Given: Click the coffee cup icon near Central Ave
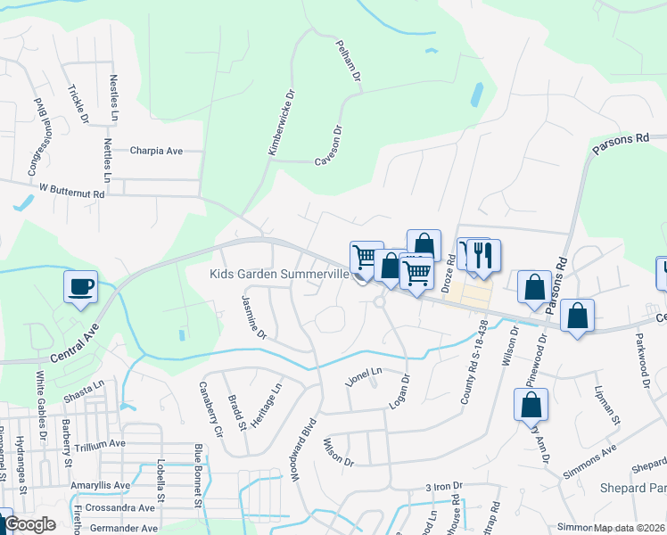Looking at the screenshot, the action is tap(80, 287).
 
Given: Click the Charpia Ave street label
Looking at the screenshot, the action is tap(155, 151).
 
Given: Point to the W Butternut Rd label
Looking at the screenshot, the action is tap(71, 192).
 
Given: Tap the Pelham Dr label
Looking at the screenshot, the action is tap(349, 62).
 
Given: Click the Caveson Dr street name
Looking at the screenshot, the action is tap(329, 148).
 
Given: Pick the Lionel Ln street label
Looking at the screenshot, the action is tap(364, 376).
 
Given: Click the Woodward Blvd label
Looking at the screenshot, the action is tap(302, 449).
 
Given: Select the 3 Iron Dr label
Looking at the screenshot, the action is tap(443, 486).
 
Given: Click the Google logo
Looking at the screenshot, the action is tap(29, 525).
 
